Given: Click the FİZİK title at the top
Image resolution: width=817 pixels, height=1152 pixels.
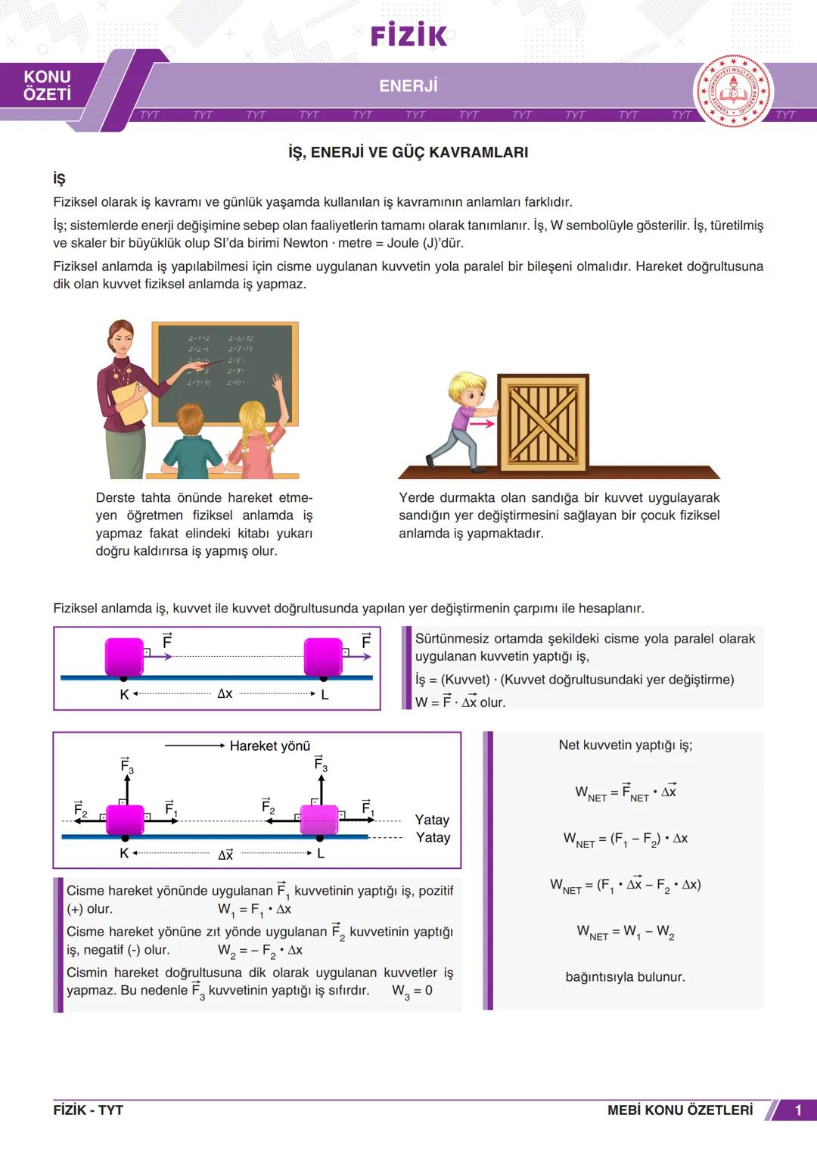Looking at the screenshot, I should tap(408, 35).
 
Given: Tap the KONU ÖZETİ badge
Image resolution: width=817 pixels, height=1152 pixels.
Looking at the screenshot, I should tap(47, 86).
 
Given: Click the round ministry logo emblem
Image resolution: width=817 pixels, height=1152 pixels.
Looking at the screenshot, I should tap(732, 91).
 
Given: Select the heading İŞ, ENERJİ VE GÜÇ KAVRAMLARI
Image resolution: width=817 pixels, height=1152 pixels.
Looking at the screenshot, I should tap(408, 152).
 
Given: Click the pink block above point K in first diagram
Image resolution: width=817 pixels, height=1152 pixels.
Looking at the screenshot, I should tap(123, 657).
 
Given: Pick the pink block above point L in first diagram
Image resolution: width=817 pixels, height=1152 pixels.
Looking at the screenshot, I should tap(323, 657).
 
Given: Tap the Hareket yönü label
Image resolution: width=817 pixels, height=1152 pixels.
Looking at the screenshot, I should tap(269, 746).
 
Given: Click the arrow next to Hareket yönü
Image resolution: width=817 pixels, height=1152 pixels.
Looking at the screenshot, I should tap(194, 746).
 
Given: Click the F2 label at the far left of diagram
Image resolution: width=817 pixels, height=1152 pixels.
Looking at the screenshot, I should tap(80, 809).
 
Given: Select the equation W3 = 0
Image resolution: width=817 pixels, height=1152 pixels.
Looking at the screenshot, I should tap(412, 991).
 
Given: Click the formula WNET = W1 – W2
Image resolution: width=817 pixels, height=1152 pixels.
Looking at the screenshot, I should tap(625, 932).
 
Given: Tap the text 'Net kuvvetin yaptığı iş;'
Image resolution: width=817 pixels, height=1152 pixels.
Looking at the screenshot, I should tap(625, 745).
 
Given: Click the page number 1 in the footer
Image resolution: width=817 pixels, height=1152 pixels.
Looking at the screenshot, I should tap(798, 1110).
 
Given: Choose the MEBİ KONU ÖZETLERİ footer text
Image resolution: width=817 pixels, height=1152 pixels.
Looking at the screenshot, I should tap(679, 1110).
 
